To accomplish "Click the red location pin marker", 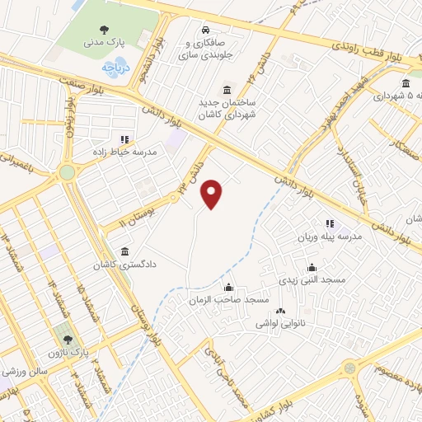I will tap(213, 194).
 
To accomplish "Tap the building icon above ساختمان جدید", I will tap(227, 89).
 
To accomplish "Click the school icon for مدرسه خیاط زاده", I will tap(124, 139).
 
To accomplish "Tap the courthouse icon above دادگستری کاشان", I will tap(124, 250).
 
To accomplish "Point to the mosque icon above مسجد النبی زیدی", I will tap(312, 267).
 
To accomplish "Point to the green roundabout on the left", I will tap(66, 173).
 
